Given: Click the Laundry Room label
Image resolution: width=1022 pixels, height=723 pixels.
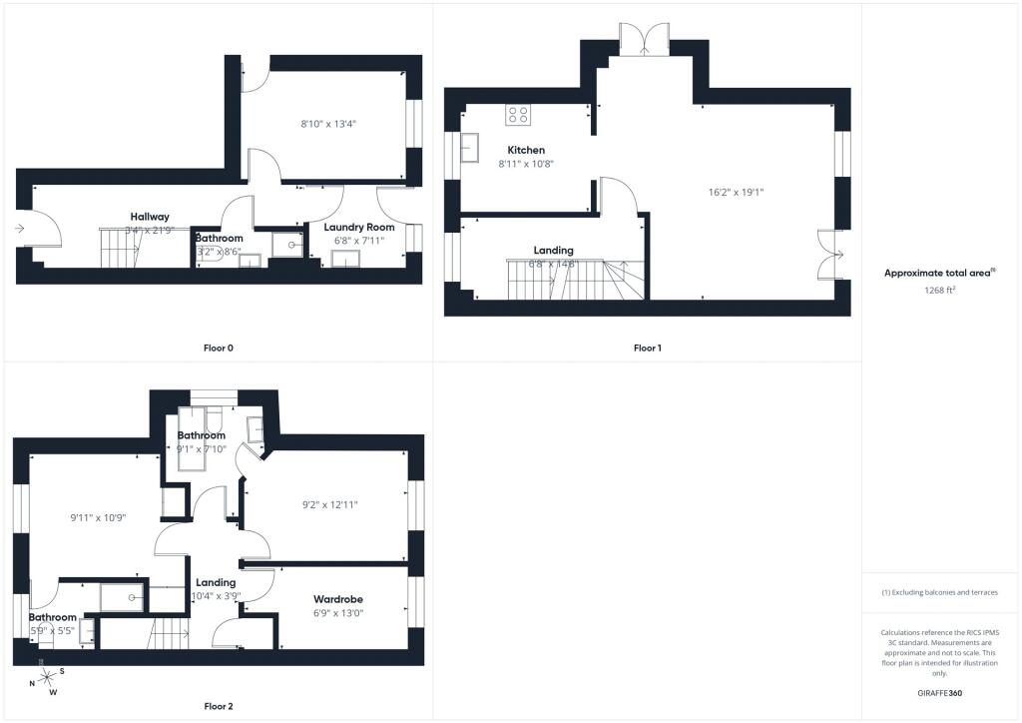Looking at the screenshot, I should [358, 227].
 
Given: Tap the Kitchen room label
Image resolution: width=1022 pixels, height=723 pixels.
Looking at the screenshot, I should [526, 150].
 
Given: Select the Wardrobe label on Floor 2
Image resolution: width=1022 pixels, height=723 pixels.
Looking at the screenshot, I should [337, 599].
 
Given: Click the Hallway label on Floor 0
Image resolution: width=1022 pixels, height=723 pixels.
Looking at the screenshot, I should [150, 217].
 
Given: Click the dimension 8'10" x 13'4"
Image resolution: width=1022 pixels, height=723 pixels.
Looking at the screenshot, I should [328, 125].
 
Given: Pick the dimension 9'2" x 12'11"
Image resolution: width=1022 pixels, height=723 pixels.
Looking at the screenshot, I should [329, 504].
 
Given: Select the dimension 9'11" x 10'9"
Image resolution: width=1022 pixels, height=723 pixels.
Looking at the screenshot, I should [98, 517].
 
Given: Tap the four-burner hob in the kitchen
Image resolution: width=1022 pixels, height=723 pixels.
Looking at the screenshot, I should [518, 115].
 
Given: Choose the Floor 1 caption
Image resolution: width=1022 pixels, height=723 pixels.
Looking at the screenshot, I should [647, 349].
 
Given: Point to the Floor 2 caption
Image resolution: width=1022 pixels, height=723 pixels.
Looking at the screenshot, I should [218, 706].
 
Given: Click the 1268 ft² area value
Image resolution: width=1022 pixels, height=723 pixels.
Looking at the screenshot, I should [941, 291].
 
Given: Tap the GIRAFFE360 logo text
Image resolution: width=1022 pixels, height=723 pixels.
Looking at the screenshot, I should [941, 692].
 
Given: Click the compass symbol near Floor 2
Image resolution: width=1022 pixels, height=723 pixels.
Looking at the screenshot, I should [46, 682].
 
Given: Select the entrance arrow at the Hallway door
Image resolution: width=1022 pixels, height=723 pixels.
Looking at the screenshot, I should [20, 229].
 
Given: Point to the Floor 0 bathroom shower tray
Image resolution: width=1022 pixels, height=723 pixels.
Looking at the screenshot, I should [287, 244].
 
